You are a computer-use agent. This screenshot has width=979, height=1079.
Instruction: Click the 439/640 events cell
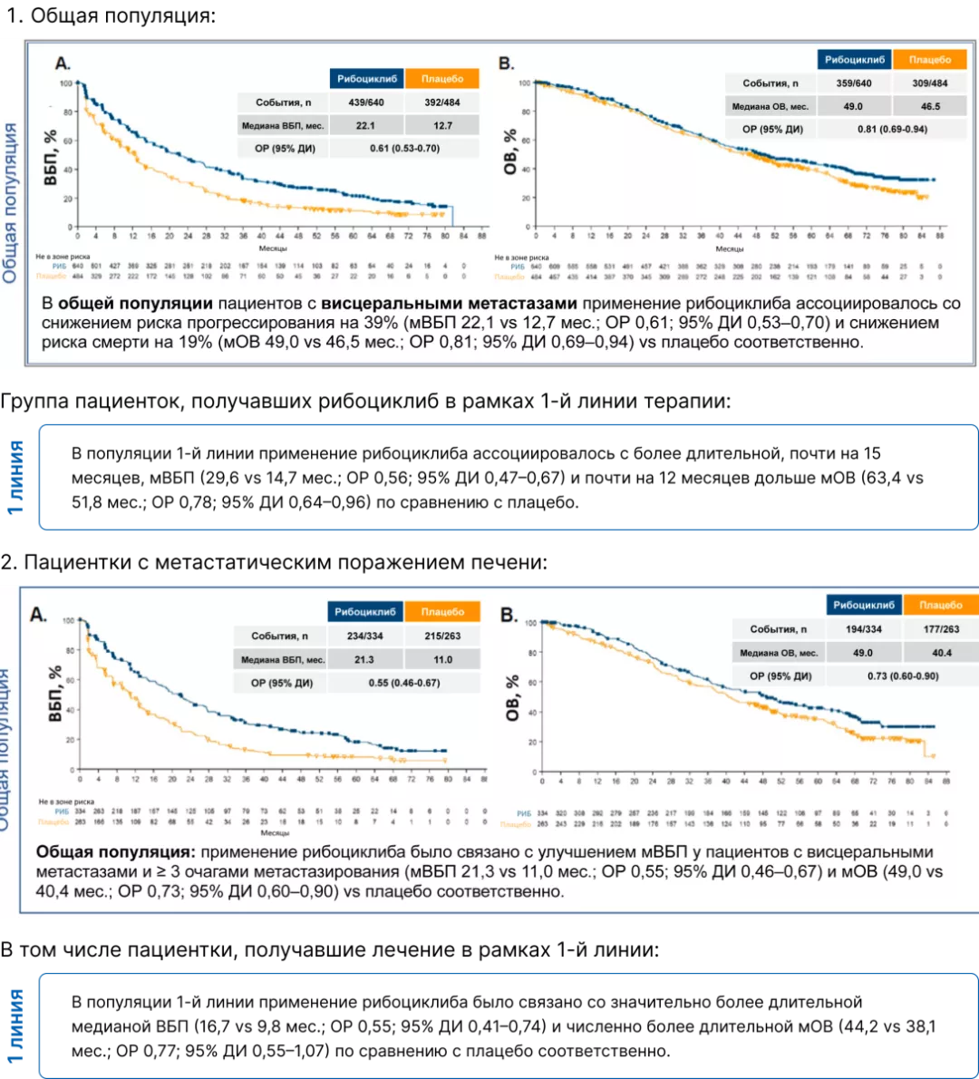click(x=366, y=102)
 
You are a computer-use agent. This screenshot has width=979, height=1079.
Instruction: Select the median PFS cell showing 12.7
click(x=441, y=125)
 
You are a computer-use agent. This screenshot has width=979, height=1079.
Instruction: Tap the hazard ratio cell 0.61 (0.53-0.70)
click(x=403, y=148)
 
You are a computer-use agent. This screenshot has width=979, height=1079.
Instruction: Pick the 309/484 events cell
click(x=930, y=83)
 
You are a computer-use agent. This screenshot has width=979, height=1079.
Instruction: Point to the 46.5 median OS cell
click(x=930, y=106)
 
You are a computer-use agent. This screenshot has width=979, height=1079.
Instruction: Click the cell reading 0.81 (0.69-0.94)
click(x=892, y=129)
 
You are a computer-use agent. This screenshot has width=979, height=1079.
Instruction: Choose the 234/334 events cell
click(x=365, y=637)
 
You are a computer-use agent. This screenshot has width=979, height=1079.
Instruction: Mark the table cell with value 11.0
click(x=441, y=659)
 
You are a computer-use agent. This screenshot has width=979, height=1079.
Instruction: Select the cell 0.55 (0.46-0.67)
click(x=403, y=683)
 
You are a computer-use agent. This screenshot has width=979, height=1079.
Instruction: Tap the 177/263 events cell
click(x=941, y=629)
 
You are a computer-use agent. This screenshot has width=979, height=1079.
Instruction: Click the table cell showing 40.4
click(x=941, y=653)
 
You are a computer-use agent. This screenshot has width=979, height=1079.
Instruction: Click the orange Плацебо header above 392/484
click(x=441, y=80)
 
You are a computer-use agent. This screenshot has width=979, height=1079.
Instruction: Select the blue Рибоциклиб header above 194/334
click(x=864, y=606)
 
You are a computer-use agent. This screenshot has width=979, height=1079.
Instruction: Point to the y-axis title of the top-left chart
click(x=52, y=156)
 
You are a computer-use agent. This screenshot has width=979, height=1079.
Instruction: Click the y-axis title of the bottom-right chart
click(x=511, y=698)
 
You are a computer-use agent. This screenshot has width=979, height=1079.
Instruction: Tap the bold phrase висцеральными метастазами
click(x=449, y=304)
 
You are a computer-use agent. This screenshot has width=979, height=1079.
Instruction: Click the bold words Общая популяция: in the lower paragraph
click(x=115, y=852)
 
